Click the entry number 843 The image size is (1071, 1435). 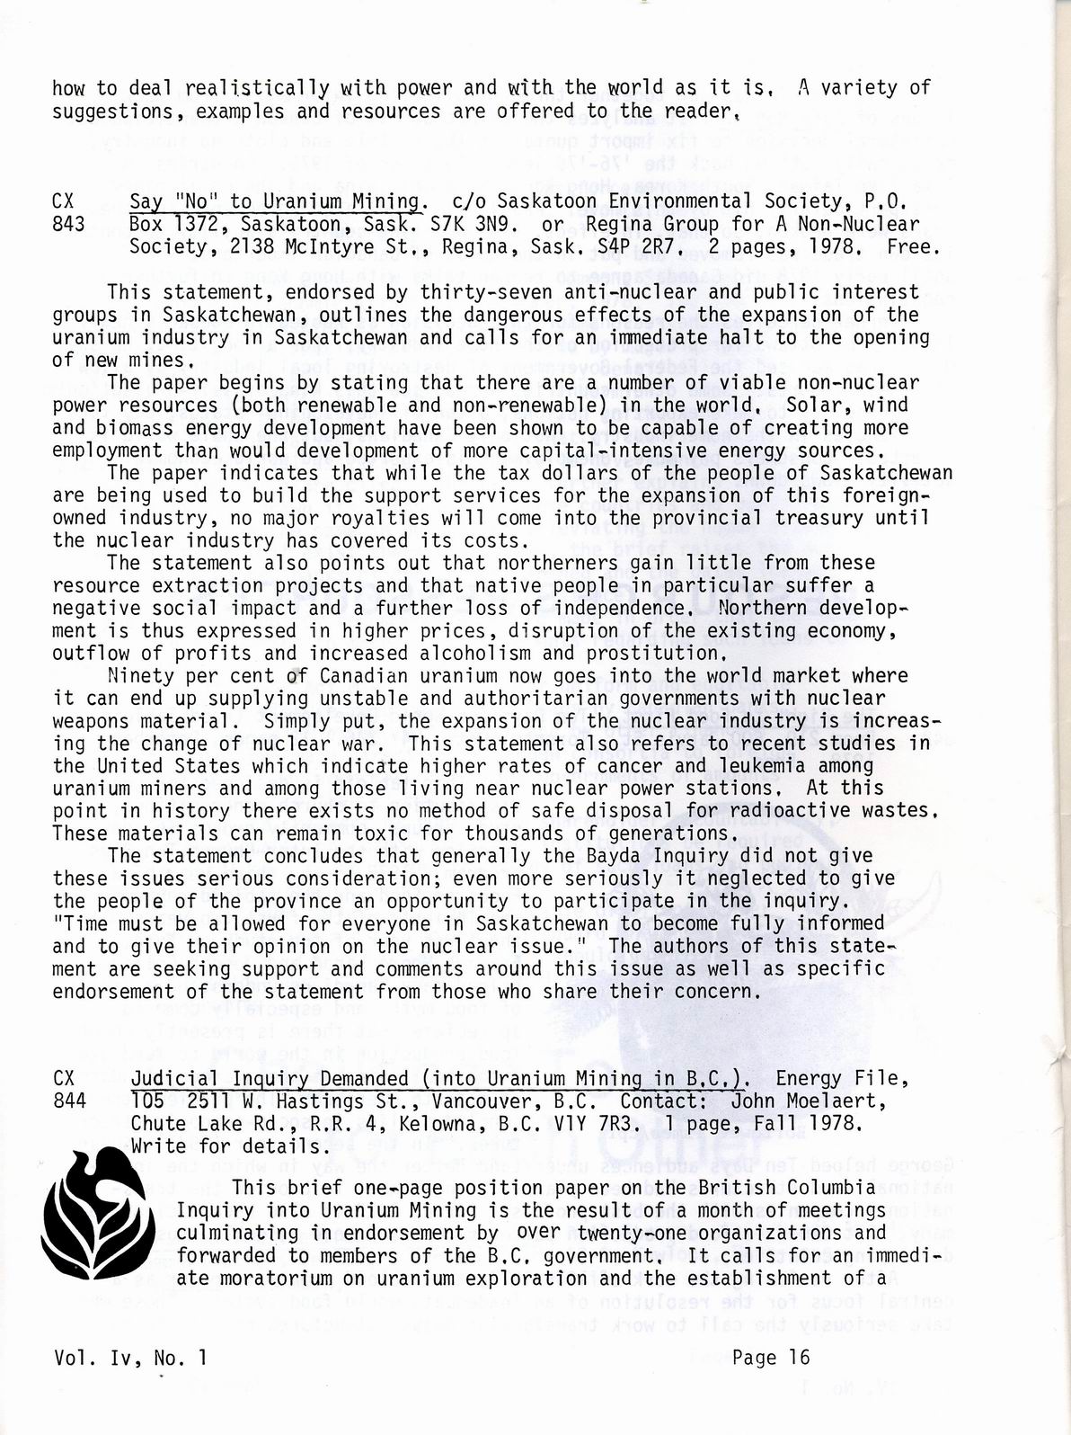(x=68, y=223)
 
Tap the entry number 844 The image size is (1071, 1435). (x=68, y=1101)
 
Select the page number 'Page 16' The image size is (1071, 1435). (x=771, y=1358)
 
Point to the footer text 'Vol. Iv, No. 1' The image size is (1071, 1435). (x=130, y=1358)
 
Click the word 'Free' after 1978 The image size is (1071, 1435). (x=910, y=245)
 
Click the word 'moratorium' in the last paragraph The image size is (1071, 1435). (x=277, y=1278)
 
